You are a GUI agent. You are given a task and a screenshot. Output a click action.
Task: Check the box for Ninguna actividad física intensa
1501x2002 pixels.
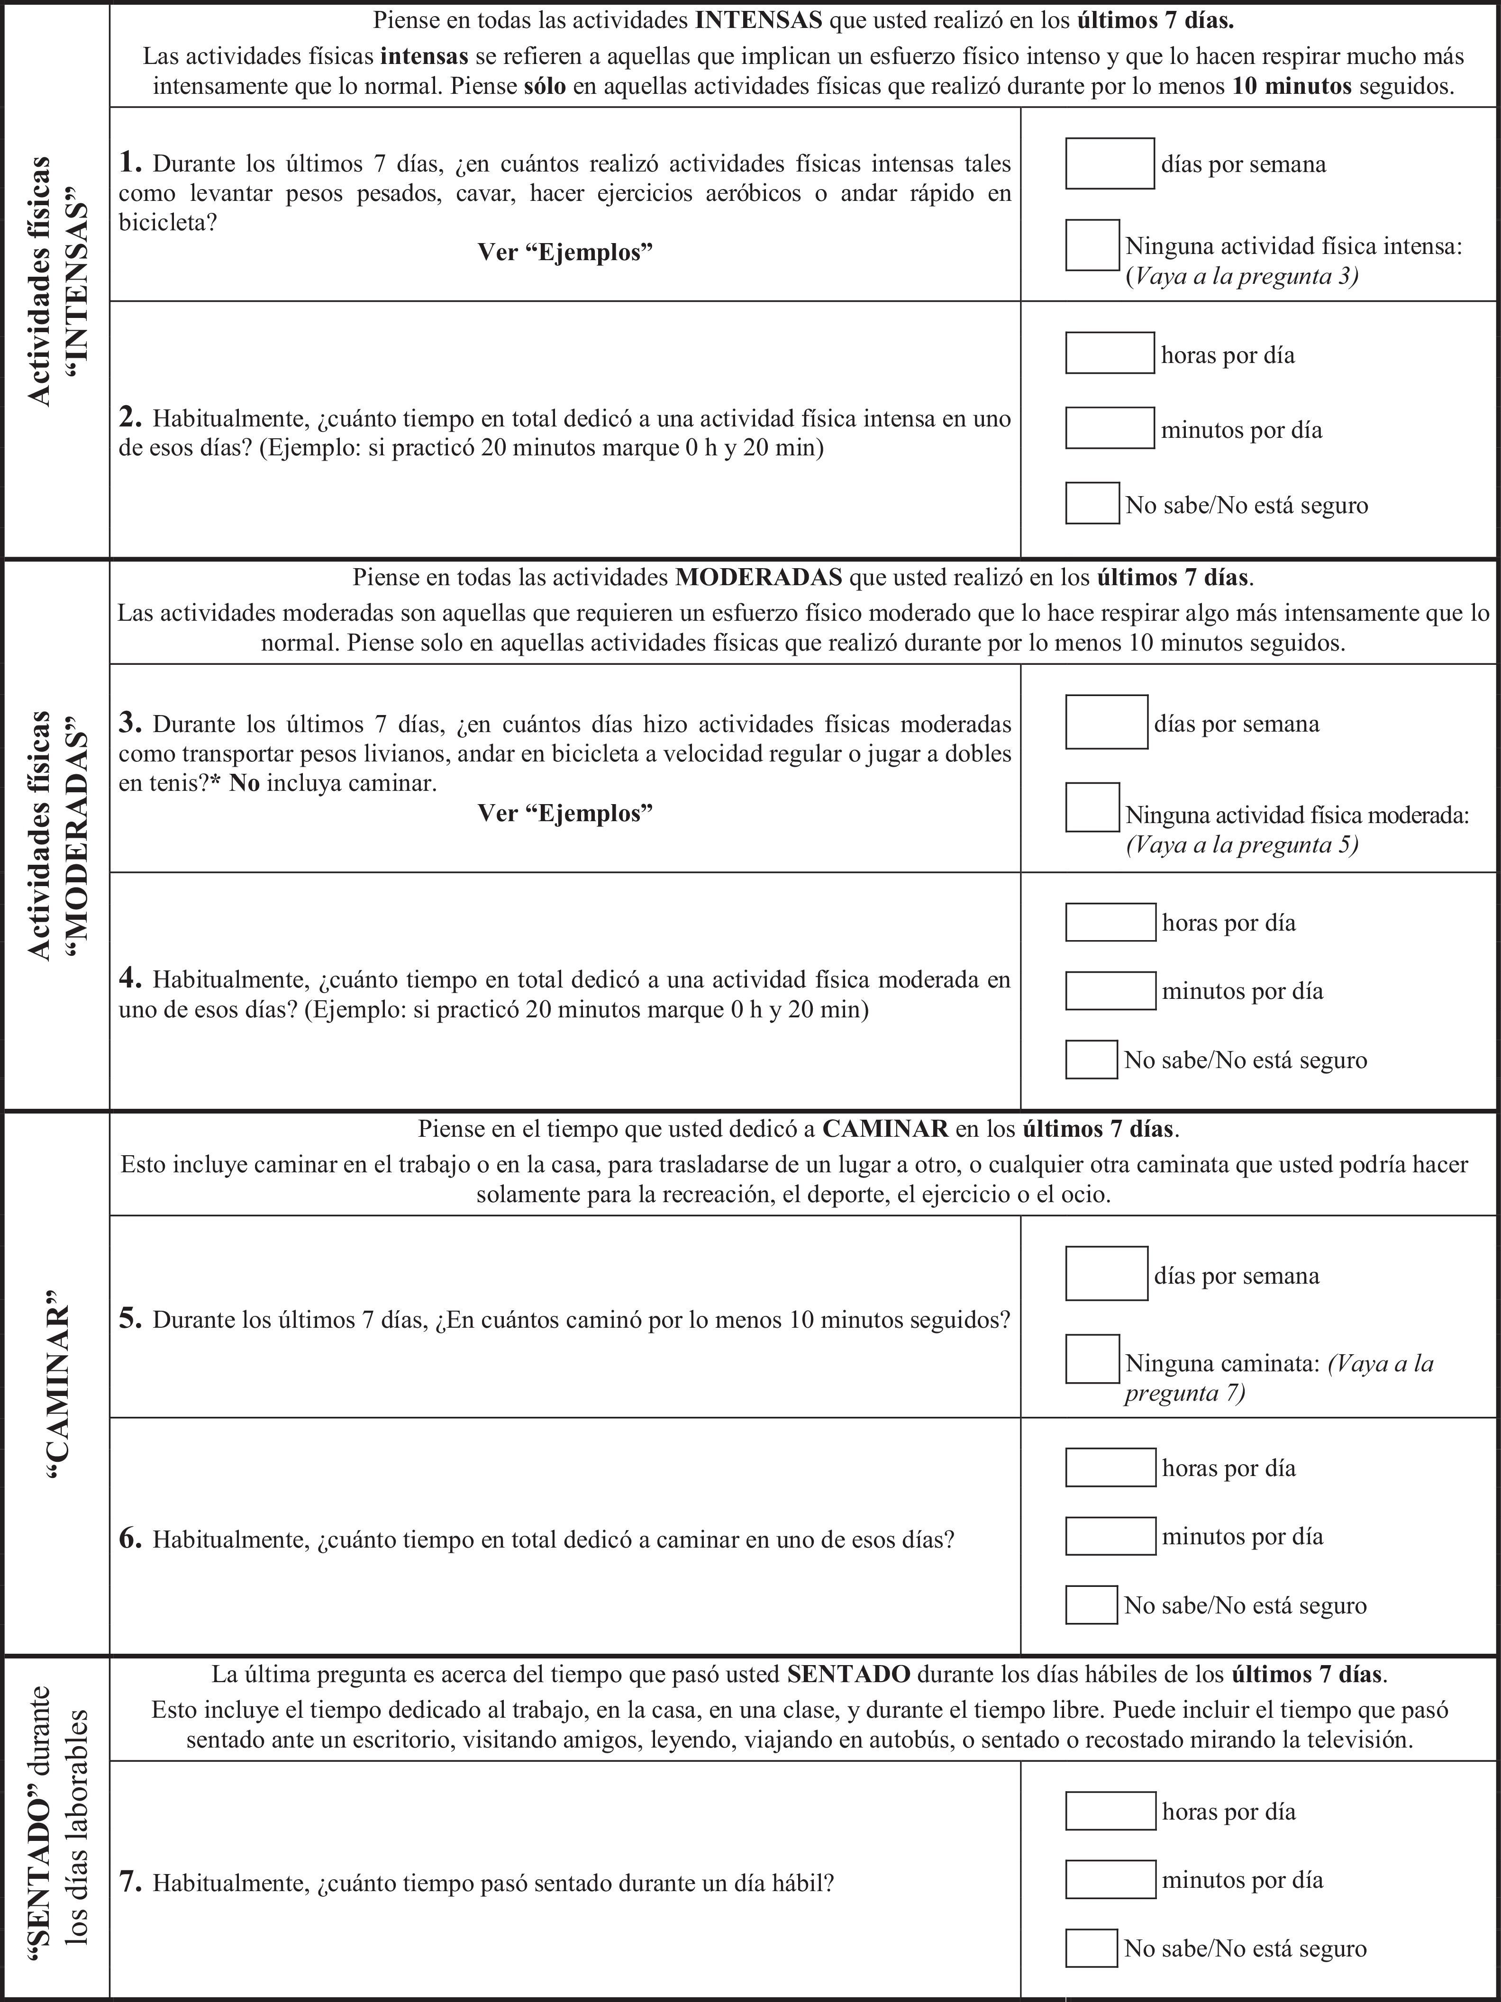[1092, 245]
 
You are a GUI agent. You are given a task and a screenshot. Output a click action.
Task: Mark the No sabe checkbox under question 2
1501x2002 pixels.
[1092, 503]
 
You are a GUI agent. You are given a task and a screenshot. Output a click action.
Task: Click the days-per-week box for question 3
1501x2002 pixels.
[1106, 722]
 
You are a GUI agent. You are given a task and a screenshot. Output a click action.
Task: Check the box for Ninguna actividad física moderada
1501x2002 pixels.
[1092, 807]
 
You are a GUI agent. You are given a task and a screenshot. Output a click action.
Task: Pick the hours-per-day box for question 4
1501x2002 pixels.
[1110, 922]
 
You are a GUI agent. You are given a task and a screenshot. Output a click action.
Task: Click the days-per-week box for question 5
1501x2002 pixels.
[1106, 1273]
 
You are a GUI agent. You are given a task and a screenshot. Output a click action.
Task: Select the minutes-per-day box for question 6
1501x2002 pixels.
[1110, 1536]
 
